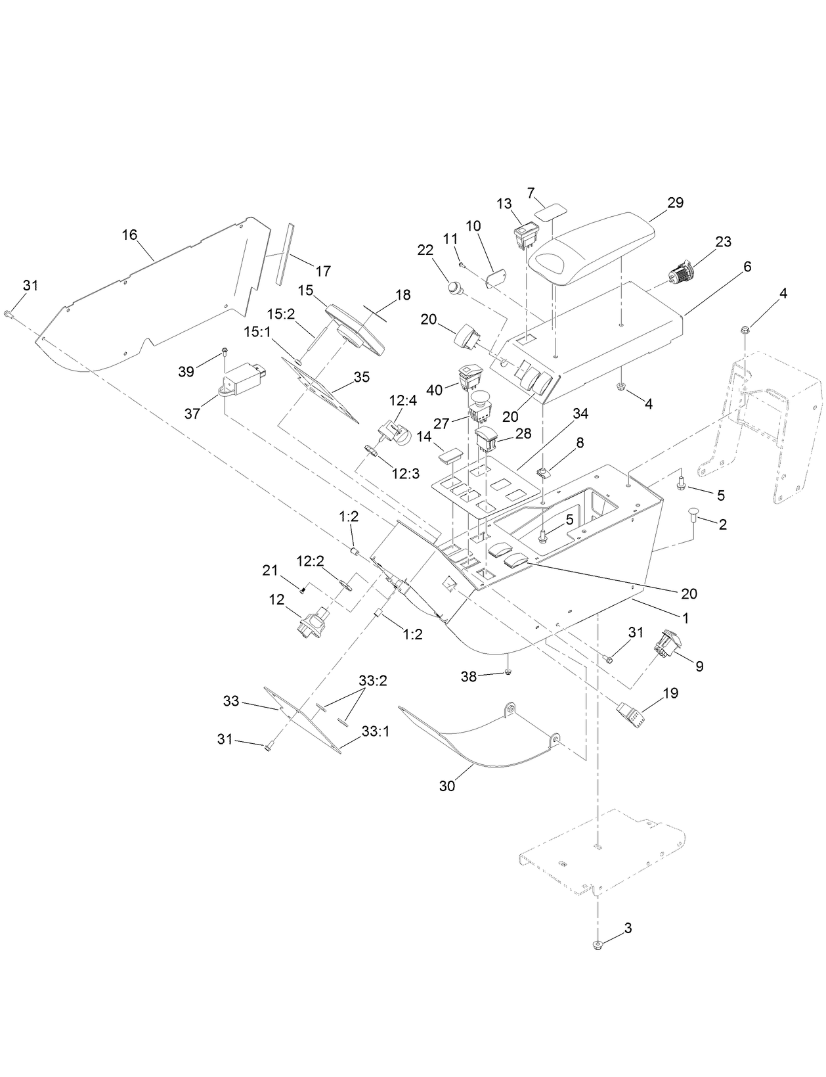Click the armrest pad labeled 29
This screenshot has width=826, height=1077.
point(591,246)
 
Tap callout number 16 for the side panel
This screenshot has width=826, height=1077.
point(130,235)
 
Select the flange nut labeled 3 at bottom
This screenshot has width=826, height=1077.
point(598,945)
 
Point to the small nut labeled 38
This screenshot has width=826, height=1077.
point(508,672)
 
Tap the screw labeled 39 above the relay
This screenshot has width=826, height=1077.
point(225,352)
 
